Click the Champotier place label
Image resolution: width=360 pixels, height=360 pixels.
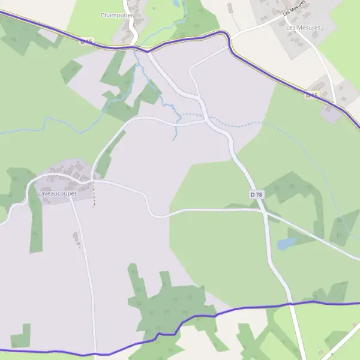[116, 15]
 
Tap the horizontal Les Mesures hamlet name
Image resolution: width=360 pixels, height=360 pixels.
[303, 28]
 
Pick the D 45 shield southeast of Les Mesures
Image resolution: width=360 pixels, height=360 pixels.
[311, 95]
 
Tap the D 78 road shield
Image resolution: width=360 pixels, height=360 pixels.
[256, 194]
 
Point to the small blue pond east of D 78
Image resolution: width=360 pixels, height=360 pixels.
[286, 243]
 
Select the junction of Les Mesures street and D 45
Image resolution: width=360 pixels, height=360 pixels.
[230, 40]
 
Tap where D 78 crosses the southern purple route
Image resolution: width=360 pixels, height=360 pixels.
[291, 304]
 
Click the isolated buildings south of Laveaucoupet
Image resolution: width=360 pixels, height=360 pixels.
[76, 238]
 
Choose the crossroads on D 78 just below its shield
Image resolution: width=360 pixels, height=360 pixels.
[262, 210]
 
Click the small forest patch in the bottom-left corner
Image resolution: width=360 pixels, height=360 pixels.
[22, 337]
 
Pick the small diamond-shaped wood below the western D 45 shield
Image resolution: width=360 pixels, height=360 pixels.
[71, 71]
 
